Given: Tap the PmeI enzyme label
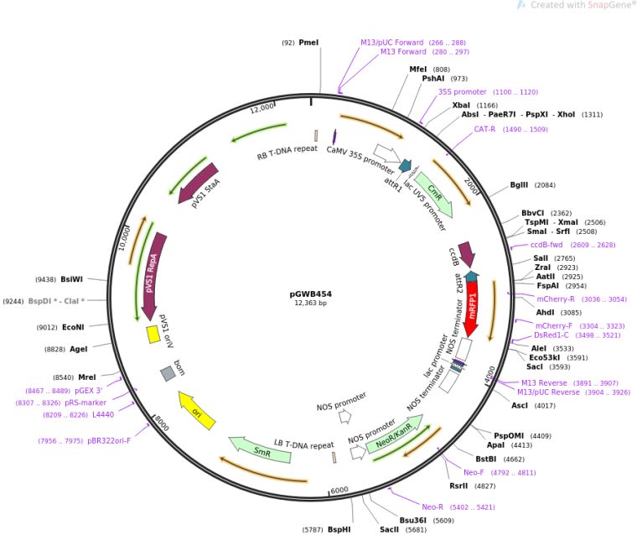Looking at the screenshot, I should (x=308, y=42).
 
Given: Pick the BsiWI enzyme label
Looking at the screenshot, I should (x=72, y=278).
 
